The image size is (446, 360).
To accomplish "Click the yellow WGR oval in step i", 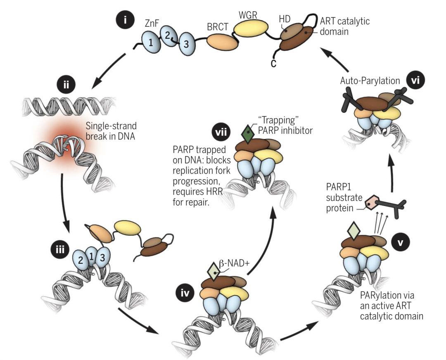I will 251,30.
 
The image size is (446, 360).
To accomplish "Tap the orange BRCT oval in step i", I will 220,41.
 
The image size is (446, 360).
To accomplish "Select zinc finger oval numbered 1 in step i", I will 150,42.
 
